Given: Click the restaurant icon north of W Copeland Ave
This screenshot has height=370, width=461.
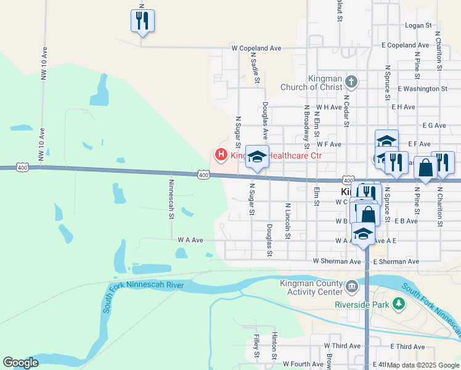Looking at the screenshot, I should (142, 20).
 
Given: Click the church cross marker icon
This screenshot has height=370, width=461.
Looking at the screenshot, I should (351, 81).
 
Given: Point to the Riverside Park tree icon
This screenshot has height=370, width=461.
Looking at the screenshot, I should (399, 304).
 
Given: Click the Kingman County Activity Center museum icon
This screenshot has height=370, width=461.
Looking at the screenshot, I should (351, 286).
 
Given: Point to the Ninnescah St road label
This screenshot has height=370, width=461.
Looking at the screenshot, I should (171, 199).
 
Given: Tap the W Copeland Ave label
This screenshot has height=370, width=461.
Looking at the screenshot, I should (256, 47).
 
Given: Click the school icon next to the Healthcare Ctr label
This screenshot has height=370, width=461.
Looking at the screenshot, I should (258, 156).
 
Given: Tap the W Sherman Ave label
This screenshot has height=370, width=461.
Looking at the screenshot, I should (337, 261).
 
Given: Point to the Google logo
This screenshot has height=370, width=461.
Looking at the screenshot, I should (20, 363).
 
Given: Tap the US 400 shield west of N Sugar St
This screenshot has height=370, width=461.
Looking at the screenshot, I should (203, 176).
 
